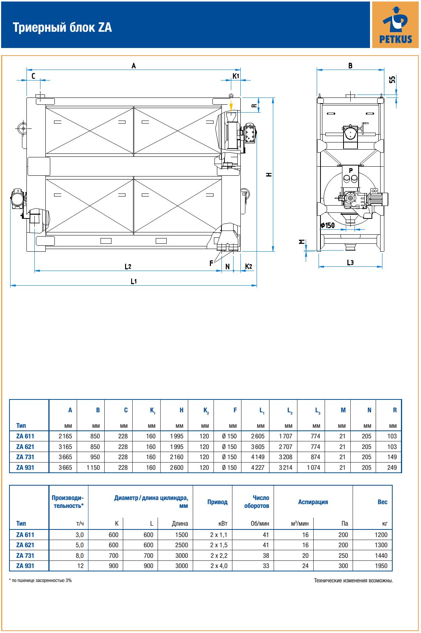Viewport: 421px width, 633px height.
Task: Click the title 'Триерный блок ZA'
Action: pos(63,28)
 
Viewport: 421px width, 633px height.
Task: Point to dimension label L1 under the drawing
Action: pos(134,281)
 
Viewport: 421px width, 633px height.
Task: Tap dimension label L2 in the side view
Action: pos(128,266)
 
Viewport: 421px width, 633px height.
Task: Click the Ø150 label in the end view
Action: pos(328,225)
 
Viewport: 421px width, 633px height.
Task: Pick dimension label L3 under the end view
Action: pos(350,262)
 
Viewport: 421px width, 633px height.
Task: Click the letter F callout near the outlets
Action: pos(212,263)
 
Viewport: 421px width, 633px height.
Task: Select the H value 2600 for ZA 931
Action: pos(176,467)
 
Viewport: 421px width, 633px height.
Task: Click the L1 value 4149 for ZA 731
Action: pos(258,457)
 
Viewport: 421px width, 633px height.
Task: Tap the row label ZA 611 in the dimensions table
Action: pos(25,436)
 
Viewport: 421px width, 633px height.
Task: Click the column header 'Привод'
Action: pos(217,502)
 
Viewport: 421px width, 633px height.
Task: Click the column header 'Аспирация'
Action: pos(313,502)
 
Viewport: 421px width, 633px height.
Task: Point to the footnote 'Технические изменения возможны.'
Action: pos(353,580)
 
